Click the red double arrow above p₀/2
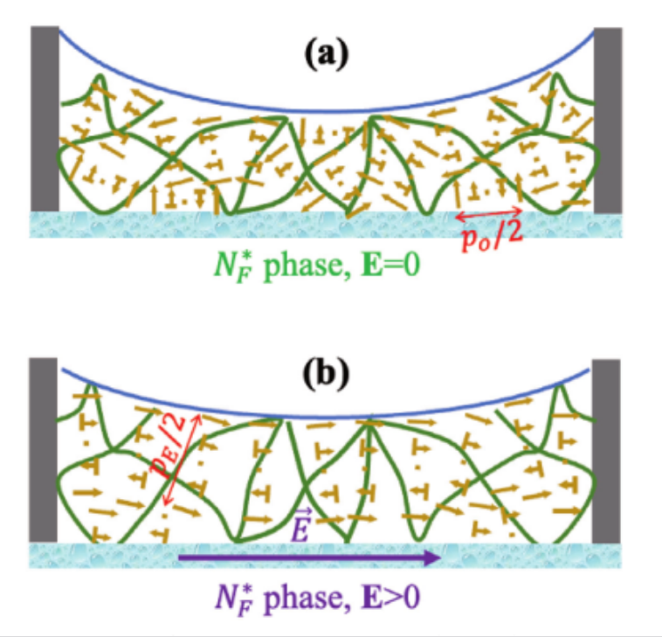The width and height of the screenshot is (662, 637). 489,212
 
